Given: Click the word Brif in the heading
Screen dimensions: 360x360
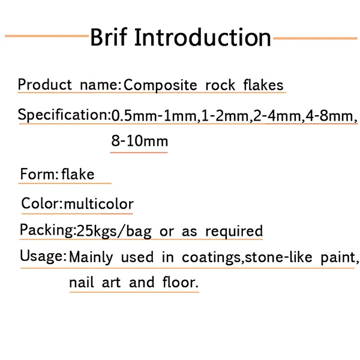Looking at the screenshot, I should tap(109, 37).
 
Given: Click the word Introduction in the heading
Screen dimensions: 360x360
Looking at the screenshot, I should tap(203, 37).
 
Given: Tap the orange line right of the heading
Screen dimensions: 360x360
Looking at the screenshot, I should tap(315, 38).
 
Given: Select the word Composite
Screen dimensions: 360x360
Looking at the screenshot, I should tap(160, 85).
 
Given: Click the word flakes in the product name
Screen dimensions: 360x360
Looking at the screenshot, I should tap(263, 85).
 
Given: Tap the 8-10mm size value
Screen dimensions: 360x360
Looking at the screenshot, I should tap(139, 142).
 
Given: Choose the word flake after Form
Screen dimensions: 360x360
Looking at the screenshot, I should tap(78, 175).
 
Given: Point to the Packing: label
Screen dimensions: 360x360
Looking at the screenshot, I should tap(47, 230).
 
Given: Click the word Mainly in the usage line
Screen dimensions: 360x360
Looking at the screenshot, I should tap(91, 257).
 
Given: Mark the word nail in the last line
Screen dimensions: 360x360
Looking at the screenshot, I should tap(80, 282).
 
